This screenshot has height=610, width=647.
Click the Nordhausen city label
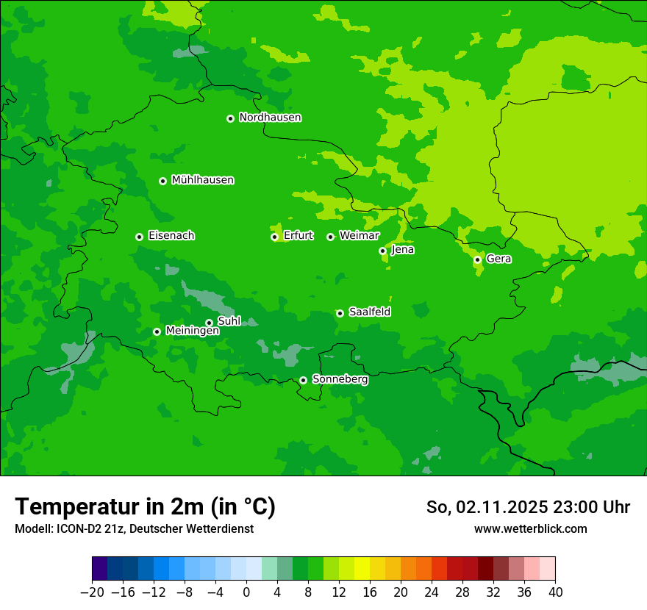pos(270,118)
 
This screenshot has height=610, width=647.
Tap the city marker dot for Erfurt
pos(274,237)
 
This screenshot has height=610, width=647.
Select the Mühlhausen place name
pos(202,180)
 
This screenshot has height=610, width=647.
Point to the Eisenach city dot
pos(139,237)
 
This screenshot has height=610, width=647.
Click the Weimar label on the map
pos(359,236)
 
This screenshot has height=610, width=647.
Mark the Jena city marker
pos(382,251)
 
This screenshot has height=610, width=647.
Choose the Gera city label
pos(498,259)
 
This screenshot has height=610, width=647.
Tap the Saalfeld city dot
pos(340,313)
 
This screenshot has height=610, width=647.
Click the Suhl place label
pos(229,321)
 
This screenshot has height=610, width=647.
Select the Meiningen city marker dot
pos(157,331)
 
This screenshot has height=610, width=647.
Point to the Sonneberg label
pos(340,379)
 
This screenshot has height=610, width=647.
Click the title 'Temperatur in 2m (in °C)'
pos(145,506)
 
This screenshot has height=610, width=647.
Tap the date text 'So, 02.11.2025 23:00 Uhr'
pos(528,507)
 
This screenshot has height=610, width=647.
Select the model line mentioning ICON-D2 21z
pos(134,528)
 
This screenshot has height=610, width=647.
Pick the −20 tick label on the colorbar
pos(92,592)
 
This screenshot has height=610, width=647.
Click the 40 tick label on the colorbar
pos(555,592)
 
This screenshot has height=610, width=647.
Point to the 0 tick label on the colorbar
pos(246,592)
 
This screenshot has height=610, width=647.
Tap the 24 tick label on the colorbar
pos(432,592)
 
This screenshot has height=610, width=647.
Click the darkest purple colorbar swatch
pos(99,569)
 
